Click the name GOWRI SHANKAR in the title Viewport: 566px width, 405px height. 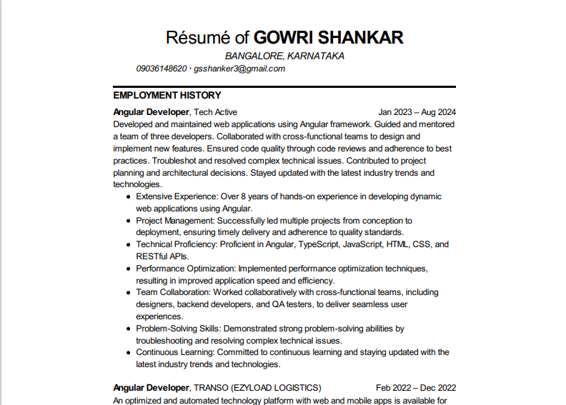(x=329, y=37)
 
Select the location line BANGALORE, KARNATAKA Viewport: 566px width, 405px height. (x=284, y=56)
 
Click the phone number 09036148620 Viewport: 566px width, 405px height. (x=162, y=69)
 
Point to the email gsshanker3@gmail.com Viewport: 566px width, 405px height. (x=239, y=69)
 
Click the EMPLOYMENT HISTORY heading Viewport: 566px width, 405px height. (x=167, y=95)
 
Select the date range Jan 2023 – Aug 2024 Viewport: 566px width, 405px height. (x=417, y=112)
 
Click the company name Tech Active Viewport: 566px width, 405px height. (x=216, y=112)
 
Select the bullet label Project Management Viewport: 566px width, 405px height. (x=176, y=221)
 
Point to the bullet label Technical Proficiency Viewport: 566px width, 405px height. (x=175, y=244)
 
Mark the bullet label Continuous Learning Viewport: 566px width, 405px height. (x=174, y=352)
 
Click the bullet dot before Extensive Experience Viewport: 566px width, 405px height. (x=128, y=196)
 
